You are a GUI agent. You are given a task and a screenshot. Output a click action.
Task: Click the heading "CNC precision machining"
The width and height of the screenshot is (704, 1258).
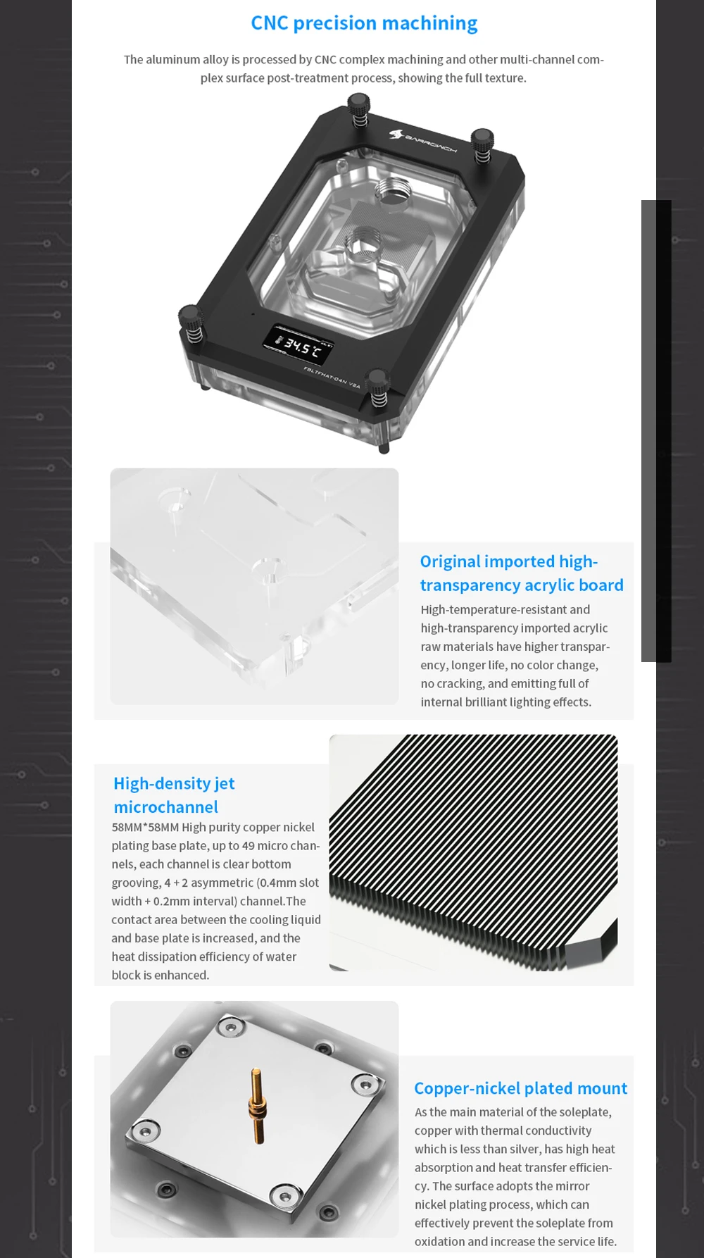364,23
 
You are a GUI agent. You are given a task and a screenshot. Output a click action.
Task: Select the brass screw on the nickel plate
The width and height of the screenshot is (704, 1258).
258,1105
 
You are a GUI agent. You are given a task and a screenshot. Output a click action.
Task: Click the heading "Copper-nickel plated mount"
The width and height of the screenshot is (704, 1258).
520,1088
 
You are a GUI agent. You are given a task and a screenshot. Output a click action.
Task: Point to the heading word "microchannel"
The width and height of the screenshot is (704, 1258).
165,807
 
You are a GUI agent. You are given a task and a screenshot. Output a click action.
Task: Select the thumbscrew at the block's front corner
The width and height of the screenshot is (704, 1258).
378,387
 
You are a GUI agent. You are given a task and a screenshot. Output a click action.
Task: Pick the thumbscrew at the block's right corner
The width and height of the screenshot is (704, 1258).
482,144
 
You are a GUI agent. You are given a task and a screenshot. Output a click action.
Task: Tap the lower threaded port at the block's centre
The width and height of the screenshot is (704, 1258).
363,245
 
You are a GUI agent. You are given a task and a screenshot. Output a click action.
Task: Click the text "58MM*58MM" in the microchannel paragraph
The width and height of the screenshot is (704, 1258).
145,827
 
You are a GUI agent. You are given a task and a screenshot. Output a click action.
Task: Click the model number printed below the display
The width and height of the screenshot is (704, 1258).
332,378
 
